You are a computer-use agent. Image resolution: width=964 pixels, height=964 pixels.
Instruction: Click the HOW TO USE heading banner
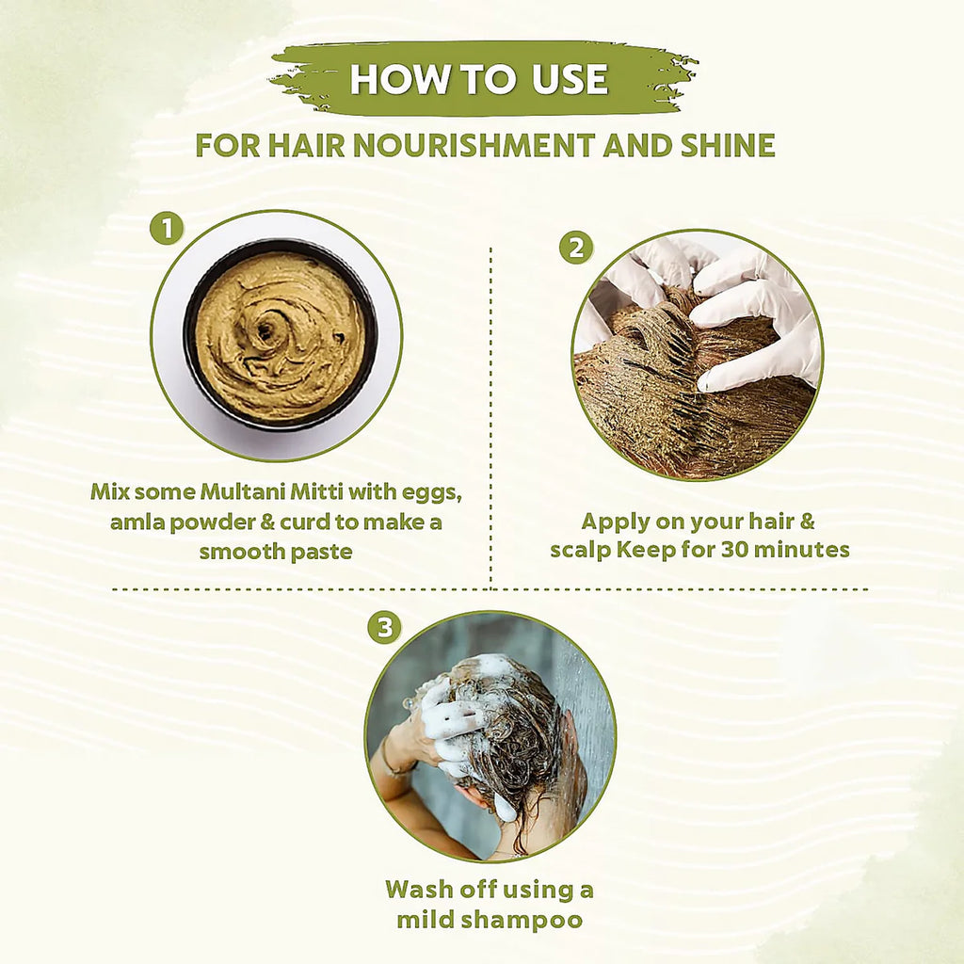[480, 79]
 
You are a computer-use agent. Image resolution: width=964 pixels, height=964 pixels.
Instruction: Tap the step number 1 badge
[166, 228]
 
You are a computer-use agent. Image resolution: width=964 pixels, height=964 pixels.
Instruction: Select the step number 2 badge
[575, 248]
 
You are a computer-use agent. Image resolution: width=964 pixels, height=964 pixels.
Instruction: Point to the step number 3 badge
[384, 628]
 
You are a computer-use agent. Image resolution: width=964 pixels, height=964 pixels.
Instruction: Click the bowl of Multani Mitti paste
[280, 334]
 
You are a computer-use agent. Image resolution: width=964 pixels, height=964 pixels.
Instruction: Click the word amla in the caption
[140, 521]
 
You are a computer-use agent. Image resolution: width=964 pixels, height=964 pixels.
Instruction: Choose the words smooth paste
[275, 551]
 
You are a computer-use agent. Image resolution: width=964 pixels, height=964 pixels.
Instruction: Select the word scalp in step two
[580, 549]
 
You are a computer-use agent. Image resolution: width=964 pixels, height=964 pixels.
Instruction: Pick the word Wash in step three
[421, 889]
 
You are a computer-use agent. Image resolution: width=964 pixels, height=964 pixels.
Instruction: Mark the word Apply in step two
[615, 521]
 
